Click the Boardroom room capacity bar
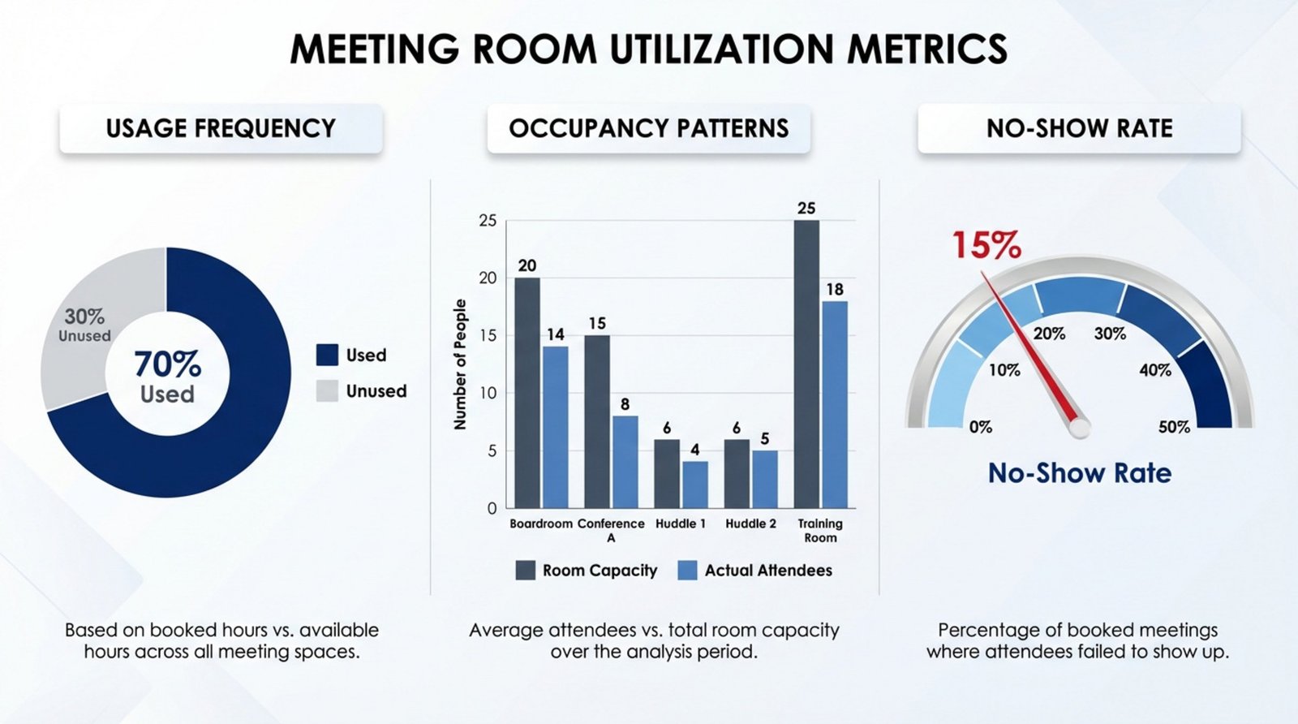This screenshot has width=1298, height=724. coord(527,394)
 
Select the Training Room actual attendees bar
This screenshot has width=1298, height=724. coord(835,405)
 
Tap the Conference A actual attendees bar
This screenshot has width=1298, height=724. coord(625,462)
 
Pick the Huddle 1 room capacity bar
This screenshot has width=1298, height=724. coord(667,474)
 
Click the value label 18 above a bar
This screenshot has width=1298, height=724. coord(835,290)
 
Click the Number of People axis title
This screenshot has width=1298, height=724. coord(461,364)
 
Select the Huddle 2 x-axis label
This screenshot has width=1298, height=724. coord(750,524)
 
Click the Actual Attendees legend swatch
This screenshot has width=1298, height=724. coord(687,571)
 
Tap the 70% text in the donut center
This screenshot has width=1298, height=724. coord(167,364)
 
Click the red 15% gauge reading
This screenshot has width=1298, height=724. coord(986,245)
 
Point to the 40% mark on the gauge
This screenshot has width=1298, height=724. coord(1154,370)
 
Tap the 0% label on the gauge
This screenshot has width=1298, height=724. coord(980,427)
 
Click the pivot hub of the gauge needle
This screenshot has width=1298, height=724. coord(1079,428)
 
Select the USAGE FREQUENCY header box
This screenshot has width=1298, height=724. coord(221,128)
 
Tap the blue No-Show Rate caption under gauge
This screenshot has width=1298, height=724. coord(1079,473)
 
